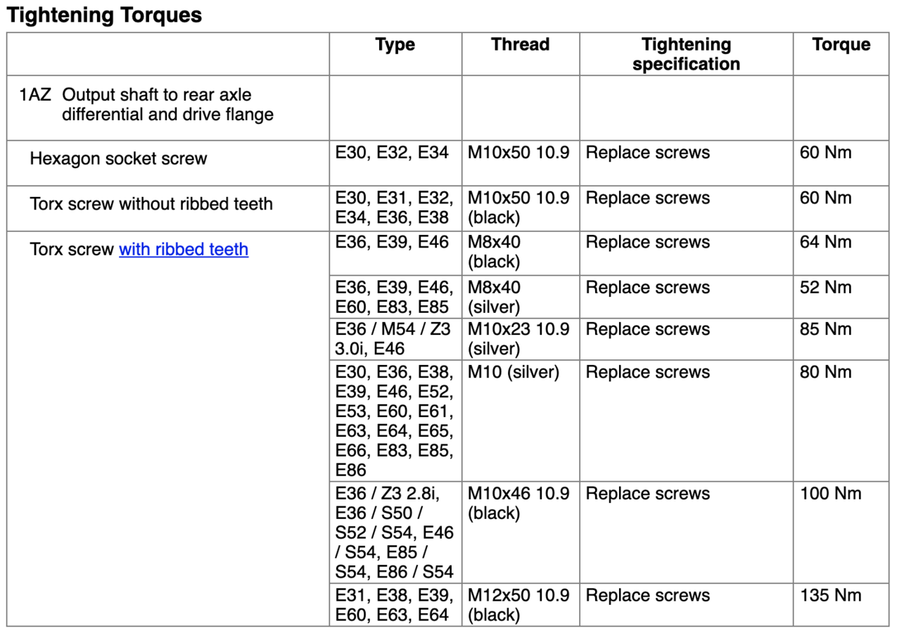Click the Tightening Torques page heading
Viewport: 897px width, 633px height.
104,15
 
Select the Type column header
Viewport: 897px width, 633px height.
395,45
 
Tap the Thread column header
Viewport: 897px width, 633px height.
520,45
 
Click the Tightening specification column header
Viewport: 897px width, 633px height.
686,54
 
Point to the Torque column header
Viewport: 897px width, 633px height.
841,45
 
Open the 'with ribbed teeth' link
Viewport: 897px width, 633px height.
184,250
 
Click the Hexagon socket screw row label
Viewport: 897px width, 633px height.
118,159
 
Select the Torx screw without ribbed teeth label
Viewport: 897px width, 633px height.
151,205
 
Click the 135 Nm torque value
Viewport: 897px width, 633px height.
830,596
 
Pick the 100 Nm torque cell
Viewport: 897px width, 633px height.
830,494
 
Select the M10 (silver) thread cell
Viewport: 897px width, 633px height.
514,373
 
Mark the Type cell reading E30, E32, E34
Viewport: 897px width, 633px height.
392,153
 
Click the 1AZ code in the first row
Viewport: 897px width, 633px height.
35,95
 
